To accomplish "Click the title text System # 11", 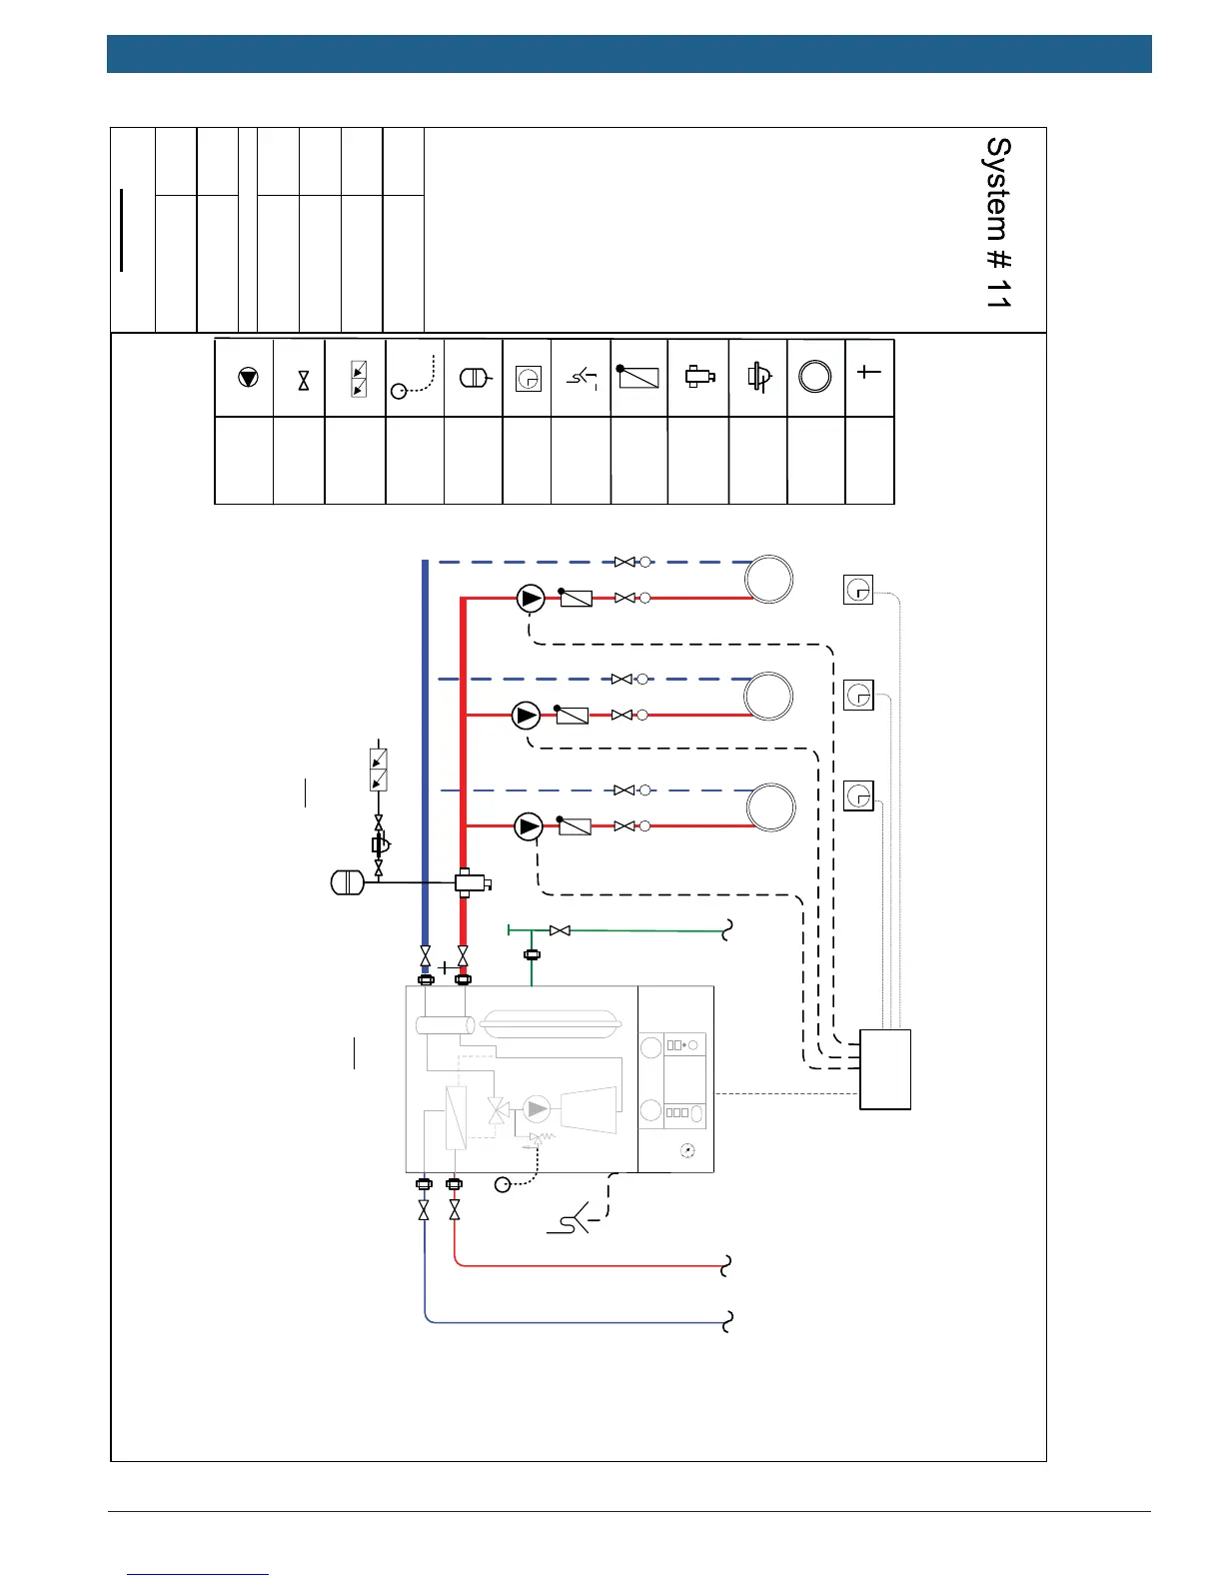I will click(x=998, y=222).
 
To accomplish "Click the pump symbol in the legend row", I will click(x=248, y=378).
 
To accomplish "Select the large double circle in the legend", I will click(x=815, y=377).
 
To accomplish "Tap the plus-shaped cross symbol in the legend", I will click(x=868, y=372).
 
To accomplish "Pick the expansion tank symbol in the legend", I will click(x=474, y=379).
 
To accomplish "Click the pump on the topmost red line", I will click(x=531, y=599).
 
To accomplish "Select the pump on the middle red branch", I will click(x=527, y=716).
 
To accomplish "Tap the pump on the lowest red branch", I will click(x=529, y=826).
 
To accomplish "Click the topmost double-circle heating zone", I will click(x=769, y=580).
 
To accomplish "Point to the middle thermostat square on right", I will click(x=858, y=695).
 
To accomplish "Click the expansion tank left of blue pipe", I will click(x=346, y=882).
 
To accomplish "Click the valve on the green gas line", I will click(x=561, y=930).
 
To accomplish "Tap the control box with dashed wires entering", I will click(x=885, y=1069).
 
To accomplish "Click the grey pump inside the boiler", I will click(x=538, y=1108).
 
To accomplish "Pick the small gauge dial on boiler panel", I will click(x=686, y=1151).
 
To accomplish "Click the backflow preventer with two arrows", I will click(x=379, y=770).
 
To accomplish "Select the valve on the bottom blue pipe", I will click(x=425, y=1210).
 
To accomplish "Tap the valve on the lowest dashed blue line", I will click(x=624, y=791).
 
